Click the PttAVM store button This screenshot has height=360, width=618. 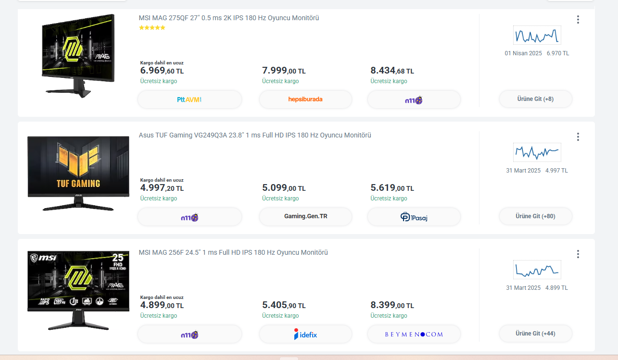189,99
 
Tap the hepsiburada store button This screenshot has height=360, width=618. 305,99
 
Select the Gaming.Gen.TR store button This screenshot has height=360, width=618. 305,217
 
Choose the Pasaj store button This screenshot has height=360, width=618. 414,217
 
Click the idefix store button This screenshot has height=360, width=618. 305,334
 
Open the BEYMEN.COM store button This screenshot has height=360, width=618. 414,334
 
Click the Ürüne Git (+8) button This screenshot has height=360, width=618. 535,99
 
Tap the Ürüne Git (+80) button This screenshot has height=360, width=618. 535,216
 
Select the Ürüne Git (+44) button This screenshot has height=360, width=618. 535,334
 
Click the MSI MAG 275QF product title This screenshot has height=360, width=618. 229,18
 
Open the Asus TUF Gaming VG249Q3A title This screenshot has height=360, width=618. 255,136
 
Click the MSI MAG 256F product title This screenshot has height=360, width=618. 233,253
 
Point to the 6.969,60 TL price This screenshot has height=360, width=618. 162,71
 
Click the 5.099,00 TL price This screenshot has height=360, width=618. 284,188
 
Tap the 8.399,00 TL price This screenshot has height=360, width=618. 392,305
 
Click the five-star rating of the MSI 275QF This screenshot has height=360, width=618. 152,28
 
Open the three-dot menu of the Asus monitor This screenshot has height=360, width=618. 578,137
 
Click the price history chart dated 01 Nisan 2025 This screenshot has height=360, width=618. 537,36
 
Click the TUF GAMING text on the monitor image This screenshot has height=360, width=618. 78,183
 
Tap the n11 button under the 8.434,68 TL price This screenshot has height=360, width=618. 414,100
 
